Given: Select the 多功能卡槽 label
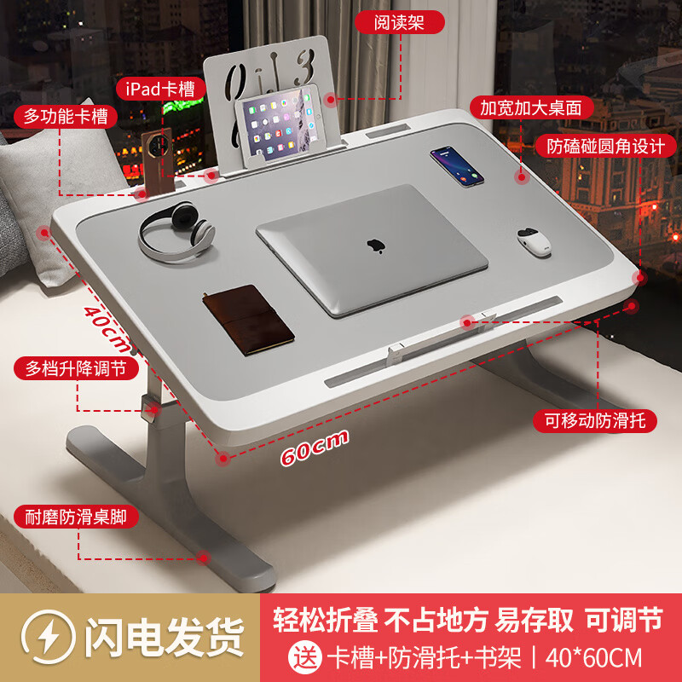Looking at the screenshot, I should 66,117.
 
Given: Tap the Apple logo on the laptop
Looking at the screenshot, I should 373,246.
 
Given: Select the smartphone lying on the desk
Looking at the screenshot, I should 456,165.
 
